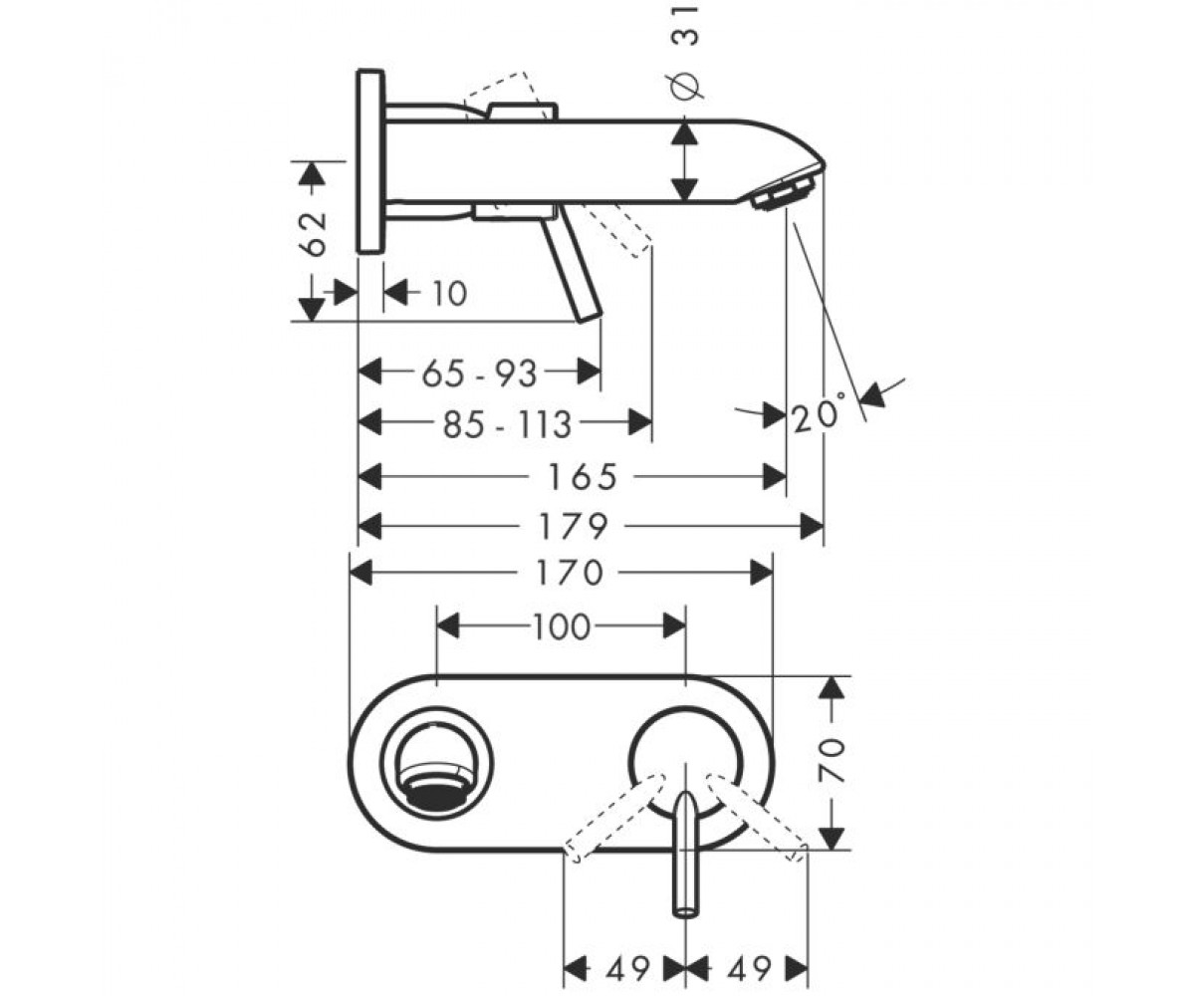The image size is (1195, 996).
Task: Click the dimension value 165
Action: (583, 477)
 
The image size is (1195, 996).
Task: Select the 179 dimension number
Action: (573, 527)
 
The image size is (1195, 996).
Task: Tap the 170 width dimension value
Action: (569, 573)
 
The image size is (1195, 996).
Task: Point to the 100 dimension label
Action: (562, 626)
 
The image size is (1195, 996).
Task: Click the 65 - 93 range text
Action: (480, 374)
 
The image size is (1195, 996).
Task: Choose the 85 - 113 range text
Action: (508, 424)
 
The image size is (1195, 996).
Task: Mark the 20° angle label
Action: (819, 413)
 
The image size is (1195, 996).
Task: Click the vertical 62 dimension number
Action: (314, 234)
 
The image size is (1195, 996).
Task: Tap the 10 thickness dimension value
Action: (449, 294)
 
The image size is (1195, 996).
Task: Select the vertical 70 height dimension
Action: (833, 761)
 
